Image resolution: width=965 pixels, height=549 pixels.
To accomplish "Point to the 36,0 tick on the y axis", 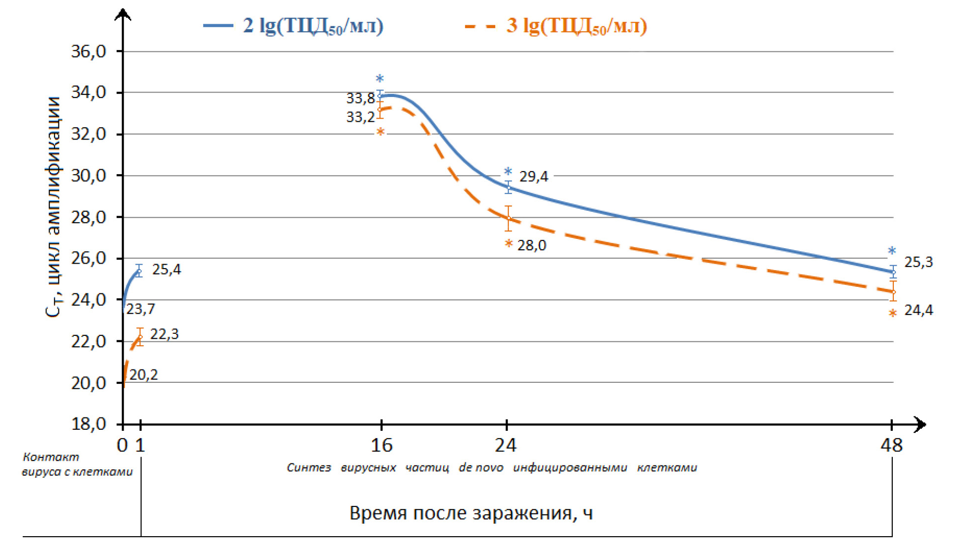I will point(89,51).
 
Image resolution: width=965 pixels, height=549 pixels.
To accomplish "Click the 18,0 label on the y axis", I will point(89,424).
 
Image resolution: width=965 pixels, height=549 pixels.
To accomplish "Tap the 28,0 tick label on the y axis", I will point(89,217).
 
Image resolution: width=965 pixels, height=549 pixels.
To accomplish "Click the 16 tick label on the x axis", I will point(381,446).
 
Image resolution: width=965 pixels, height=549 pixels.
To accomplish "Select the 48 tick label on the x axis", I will point(891,446).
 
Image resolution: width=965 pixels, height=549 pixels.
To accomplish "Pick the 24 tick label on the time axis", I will point(506,446).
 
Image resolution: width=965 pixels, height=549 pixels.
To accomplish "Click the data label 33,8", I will point(361,98).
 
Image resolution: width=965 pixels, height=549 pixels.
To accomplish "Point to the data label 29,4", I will point(534,177).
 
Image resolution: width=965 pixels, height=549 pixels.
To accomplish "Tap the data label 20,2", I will point(143,375).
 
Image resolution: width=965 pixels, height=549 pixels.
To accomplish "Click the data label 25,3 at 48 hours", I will point(919,262).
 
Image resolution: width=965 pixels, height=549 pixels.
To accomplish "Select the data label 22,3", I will point(164,334).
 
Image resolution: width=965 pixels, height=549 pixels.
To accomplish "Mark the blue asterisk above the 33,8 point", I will point(380,79).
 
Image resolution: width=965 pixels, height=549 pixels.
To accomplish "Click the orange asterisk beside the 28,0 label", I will point(508,244).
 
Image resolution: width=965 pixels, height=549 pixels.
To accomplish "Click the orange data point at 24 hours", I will point(508,218).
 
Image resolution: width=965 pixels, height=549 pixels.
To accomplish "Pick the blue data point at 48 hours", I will point(893,273).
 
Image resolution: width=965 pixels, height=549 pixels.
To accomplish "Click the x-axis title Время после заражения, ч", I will point(471,513).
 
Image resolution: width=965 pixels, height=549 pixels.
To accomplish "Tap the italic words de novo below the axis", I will point(481,468).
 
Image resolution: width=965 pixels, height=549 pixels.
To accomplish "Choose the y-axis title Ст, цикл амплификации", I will point(53,207).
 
